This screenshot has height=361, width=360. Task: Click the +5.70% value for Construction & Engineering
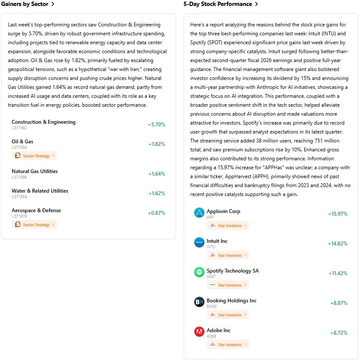(156, 125)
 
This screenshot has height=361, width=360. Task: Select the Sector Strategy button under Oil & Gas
(34, 156)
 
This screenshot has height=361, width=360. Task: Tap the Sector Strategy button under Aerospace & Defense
(34, 225)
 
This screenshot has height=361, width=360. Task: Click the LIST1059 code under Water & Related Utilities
(19, 197)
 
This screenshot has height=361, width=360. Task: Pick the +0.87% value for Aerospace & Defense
(156, 213)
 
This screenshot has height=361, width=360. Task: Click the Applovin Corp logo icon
(199, 213)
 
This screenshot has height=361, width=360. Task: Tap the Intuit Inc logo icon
(199, 242)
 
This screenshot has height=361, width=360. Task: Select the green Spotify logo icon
(199, 272)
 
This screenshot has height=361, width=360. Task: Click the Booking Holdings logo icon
(199, 302)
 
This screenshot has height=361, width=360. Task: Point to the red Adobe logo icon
(199, 332)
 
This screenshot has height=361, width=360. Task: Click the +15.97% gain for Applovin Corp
(337, 214)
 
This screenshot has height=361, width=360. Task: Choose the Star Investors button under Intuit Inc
(228, 255)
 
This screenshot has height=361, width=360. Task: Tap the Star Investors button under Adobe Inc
(228, 344)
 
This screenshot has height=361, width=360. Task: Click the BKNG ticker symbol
(212, 306)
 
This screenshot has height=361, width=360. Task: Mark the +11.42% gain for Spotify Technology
(338, 273)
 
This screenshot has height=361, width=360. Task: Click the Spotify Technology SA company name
(232, 271)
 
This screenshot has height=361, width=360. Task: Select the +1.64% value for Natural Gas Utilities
(156, 174)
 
